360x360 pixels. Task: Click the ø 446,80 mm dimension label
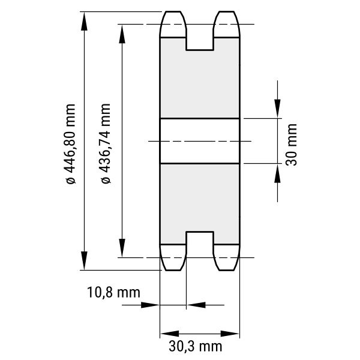coord(70,144)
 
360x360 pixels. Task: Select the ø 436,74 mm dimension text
coord(106,143)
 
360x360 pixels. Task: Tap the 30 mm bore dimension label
coord(291,145)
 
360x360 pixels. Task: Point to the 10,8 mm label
coord(113,292)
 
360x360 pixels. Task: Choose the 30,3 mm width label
coord(196,346)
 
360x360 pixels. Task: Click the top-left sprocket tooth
coord(173,24)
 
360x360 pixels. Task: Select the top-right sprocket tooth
coord(227,24)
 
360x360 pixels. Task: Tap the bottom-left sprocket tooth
coord(173,257)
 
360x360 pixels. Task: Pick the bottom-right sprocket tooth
coord(227,257)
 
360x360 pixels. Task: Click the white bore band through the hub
coord(200,141)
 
